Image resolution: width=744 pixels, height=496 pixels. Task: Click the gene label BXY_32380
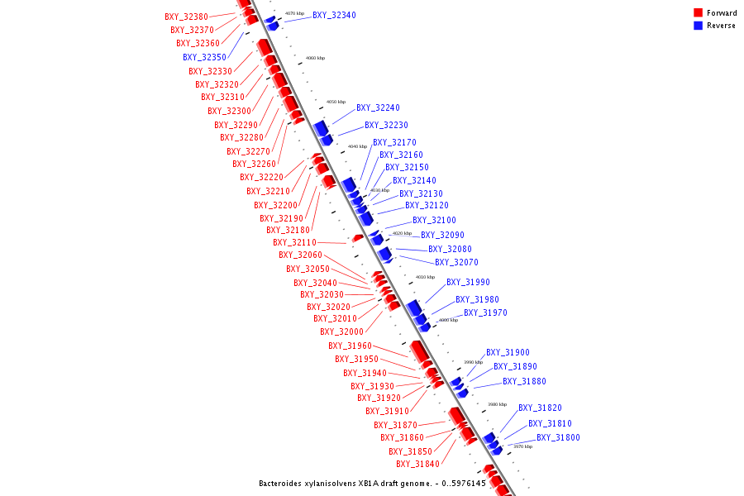[187, 17]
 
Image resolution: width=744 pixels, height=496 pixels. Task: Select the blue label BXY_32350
[204, 57]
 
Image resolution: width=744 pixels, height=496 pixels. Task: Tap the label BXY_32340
[334, 15]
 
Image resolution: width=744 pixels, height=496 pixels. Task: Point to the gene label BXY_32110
[294, 242]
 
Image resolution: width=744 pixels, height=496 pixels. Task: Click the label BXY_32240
[378, 107]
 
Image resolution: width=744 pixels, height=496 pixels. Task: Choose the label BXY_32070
[456, 262]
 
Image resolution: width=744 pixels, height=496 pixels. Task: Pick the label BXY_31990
[468, 282]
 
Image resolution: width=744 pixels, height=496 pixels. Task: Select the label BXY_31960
[350, 346]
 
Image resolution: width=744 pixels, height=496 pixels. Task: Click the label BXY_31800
[558, 437]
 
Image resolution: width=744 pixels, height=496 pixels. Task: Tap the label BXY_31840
[417, 464]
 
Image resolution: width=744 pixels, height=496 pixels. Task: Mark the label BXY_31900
[508, 352]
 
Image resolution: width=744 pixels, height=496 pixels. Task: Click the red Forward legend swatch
[698, 13]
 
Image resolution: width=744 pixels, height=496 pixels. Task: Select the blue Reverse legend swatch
[698, 26]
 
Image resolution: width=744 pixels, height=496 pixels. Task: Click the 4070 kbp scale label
[294, 13]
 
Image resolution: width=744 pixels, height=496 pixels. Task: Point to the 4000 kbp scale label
[448, 320]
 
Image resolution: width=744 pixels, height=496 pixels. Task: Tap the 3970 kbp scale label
[522, 446]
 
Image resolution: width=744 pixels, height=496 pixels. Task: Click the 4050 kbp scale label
[336, 102]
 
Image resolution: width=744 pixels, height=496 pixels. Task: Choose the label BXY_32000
[341, 331]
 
